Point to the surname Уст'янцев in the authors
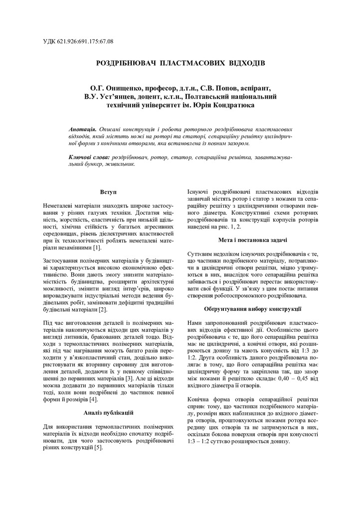click(121, 97)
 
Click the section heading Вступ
click(108, 192)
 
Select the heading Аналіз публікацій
click(108, 413)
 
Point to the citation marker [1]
click(97, 248)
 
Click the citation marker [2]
click(103, 310)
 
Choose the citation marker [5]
click(99, 448)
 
